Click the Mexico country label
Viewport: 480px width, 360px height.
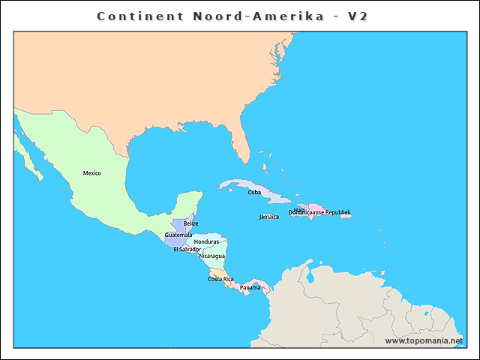tap(92, 173)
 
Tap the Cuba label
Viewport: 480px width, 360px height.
tap(254, 192)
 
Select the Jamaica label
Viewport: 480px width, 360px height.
tap(268, 217)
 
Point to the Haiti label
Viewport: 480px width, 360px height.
tap(300, 209)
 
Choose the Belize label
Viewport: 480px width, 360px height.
tap(190, 223)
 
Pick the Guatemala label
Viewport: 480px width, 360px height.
tap(178, 235)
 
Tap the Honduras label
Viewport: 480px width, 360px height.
tap(206, 242)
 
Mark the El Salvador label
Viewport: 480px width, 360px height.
tap(187, 249)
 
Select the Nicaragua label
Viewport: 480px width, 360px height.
tap(211, 256)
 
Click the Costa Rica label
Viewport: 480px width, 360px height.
tap(220, 279)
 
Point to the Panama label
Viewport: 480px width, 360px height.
tap(250, 287)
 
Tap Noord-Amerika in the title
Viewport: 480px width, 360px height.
tap(250, 16)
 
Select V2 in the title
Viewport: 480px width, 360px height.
tap(357, 16)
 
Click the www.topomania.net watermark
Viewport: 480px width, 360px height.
tap(424, 340)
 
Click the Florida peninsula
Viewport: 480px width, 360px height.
tap(241, 142)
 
